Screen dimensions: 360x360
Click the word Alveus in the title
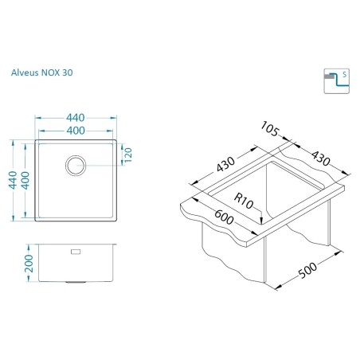25,72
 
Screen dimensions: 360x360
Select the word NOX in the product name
50,72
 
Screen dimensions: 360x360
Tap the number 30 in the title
68,72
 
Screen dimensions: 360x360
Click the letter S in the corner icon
344,74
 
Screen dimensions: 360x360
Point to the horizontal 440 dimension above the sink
76,118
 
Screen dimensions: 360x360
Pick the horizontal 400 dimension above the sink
76,131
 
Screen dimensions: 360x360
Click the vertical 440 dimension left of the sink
13,180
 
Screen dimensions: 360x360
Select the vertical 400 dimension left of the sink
25,181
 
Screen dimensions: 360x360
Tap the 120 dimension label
128,155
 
